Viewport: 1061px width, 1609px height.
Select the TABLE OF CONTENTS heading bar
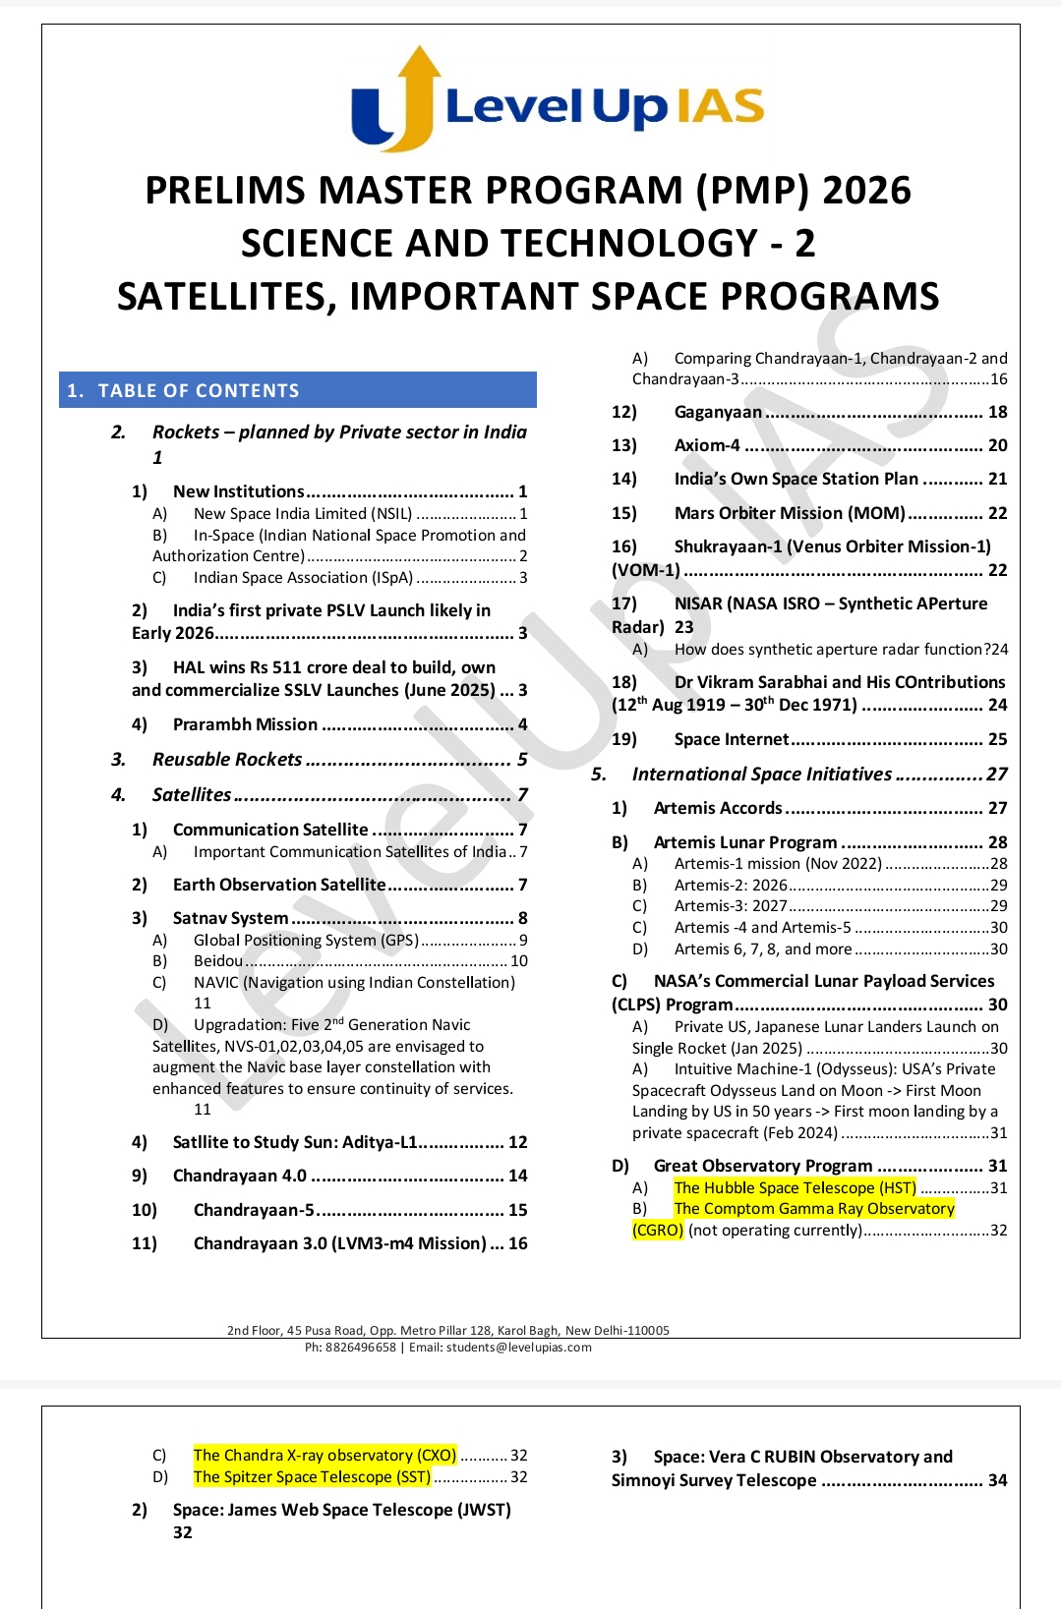[297, 390]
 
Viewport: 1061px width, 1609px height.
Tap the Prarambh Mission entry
[245, 724]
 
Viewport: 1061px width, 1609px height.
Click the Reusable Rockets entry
[227, 760]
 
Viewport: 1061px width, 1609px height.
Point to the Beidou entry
[218, 961]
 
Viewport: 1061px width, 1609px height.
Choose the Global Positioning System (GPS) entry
[306, 941]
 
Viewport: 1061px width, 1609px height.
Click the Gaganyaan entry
[718, 412]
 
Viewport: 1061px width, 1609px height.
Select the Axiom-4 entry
[707, 445]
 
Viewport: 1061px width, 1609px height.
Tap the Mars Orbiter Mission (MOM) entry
[789, 513]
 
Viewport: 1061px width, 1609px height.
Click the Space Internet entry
[732, 739]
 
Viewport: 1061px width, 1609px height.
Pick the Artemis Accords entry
[718, 808]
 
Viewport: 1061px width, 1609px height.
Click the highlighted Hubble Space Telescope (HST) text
[795, 1187]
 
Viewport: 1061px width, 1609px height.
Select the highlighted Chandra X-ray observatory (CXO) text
[324, 1455]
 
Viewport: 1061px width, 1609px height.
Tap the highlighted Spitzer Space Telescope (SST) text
[312, 1476]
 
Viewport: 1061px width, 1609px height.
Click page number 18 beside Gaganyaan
[997, 412]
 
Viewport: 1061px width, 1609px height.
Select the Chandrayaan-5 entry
[254, 1210]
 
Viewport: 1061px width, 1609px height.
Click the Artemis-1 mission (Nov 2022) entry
[778, 864]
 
